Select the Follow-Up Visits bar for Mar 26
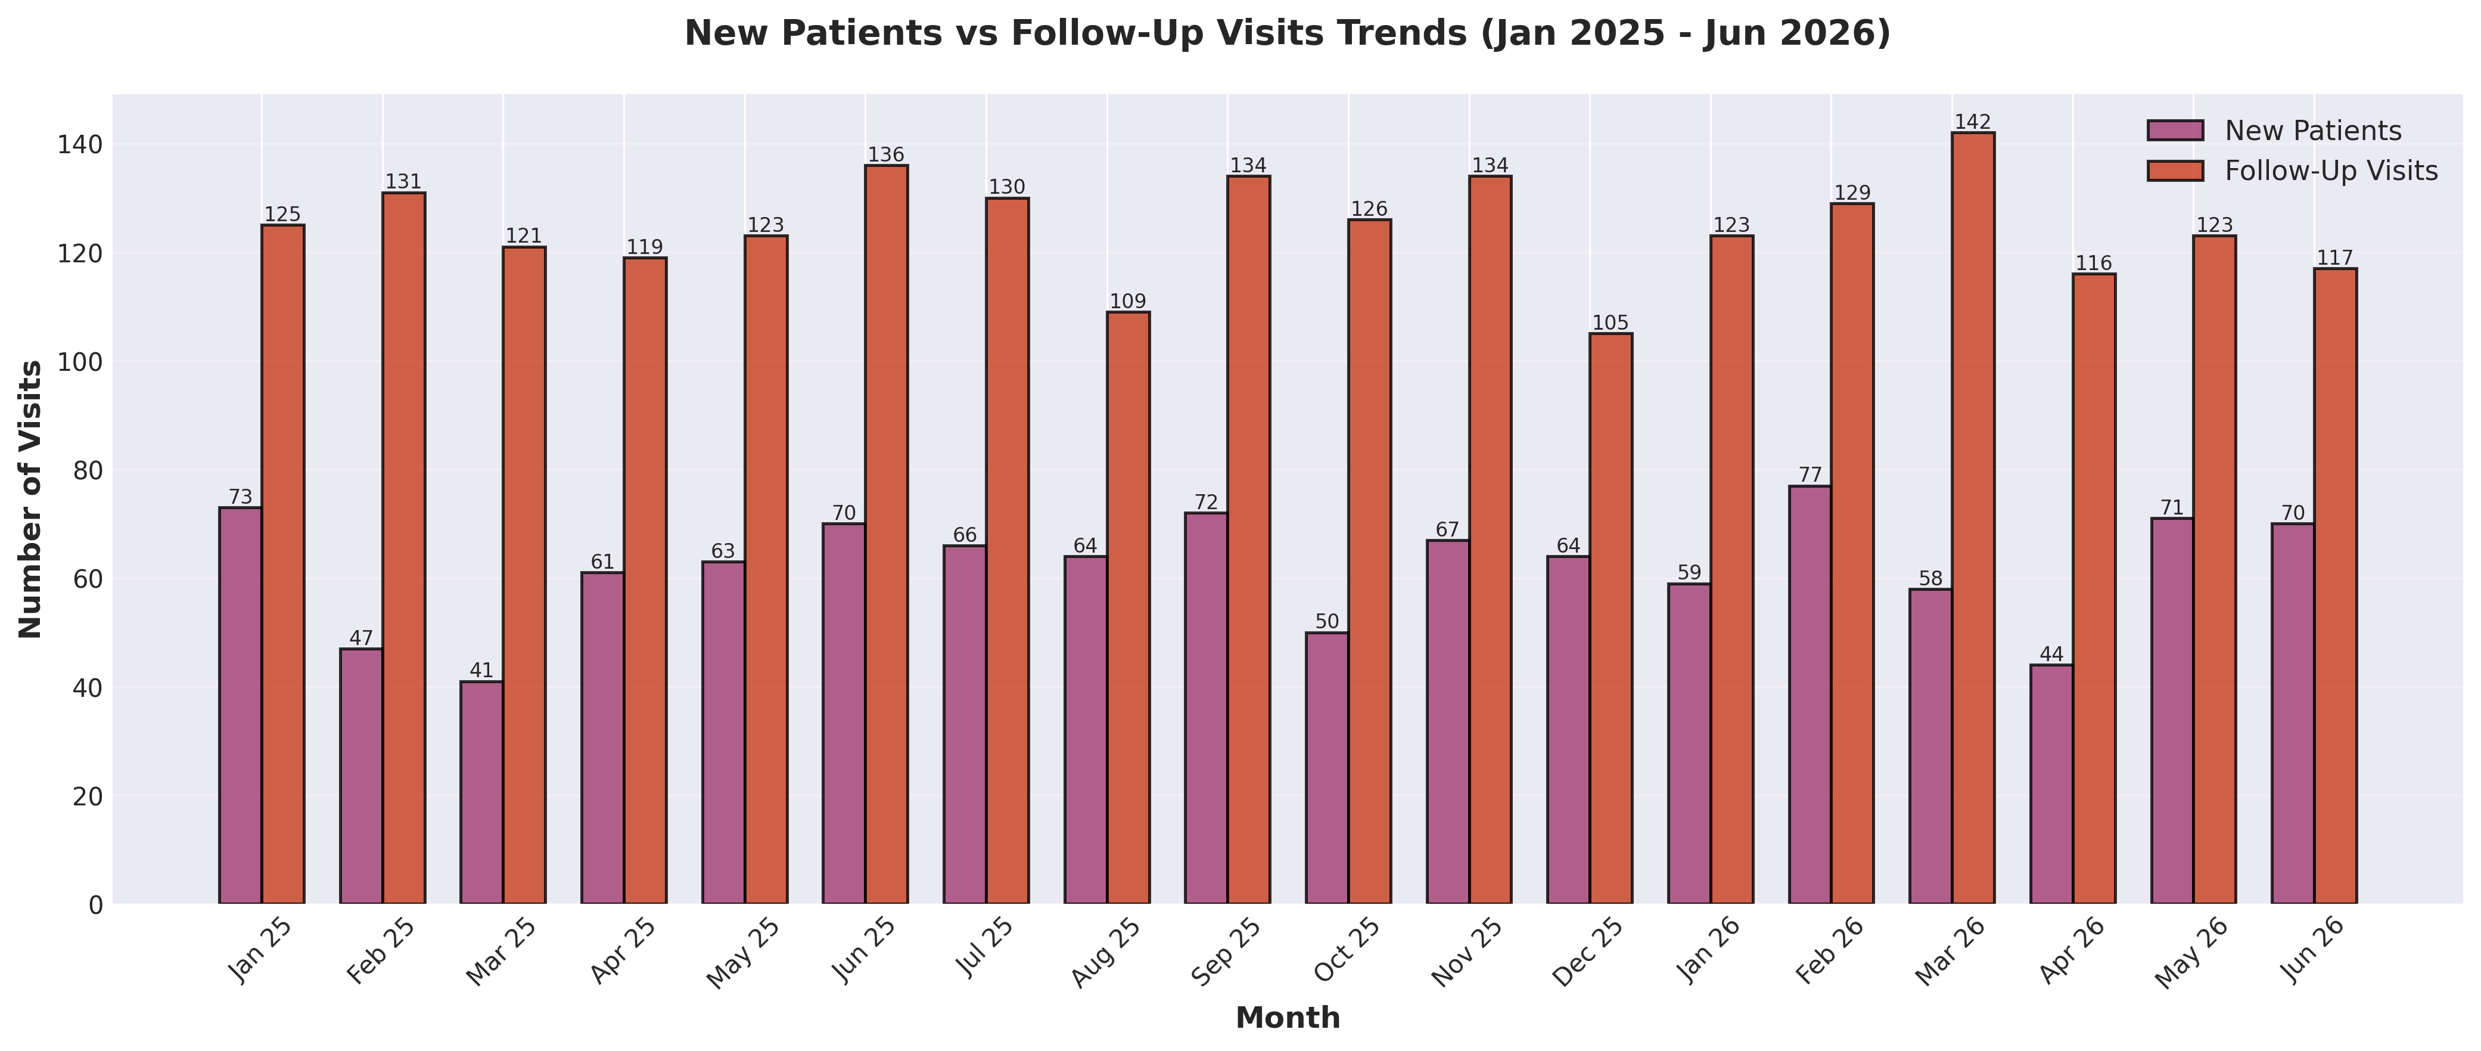pos(1973,518)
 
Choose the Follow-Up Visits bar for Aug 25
pos(1128,608)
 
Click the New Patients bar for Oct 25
pos(1326,768)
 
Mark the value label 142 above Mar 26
pos(1973,122)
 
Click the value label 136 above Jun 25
pos(886,155)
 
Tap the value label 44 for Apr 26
pos(2051,655)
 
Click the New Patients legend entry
pos(2312,131)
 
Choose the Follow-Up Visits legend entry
pos(2331,172)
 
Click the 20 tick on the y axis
pos(89,796)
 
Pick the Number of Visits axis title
pos(31,499)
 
